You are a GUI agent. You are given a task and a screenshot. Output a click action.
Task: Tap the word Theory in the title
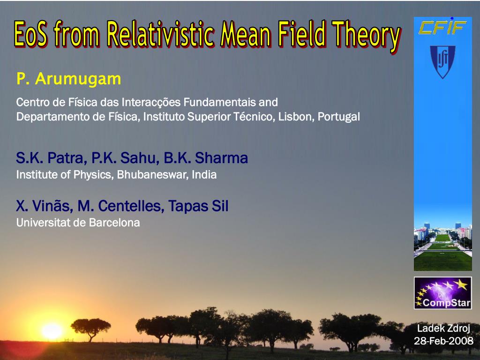tap(367, 36)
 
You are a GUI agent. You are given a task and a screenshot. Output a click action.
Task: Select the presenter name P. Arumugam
tap(69, 79)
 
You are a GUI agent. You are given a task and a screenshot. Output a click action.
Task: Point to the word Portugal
tap(339, 117)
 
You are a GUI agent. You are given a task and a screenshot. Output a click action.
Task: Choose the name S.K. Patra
tap(50, 158)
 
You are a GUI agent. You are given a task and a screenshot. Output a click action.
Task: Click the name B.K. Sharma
tap(206, 158)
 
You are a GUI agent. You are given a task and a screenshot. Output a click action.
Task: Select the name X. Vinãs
tap(45, 206)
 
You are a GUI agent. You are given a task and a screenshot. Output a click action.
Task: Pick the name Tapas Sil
tap(198, 206)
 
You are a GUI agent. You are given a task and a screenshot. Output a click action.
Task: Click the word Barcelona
tap(114, 223)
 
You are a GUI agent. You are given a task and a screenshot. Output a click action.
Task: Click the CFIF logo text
tap(442, 27)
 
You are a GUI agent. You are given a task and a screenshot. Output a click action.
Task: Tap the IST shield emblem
tap(442, 62)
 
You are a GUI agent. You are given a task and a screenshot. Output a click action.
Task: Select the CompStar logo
tap(443, 293)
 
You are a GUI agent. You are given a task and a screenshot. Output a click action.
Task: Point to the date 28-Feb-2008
tap(443, 341)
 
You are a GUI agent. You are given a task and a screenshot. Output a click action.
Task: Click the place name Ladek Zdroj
tap(443, 329)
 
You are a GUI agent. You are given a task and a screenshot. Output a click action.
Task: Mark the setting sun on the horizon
tap(52, 331)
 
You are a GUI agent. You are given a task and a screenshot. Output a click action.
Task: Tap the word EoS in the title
tap(31, 34)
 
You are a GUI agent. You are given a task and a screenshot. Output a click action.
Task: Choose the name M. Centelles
tap(121, 206)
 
